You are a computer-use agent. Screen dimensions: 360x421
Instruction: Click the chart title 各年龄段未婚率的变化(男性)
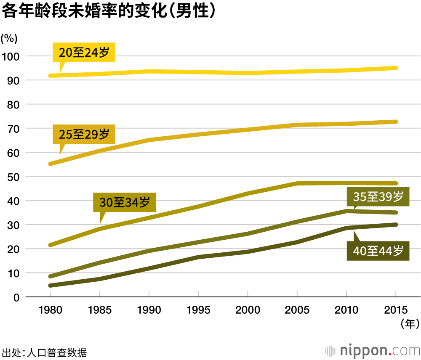110,11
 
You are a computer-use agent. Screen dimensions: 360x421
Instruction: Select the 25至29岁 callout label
84,134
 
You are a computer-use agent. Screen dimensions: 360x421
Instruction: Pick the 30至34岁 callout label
125,203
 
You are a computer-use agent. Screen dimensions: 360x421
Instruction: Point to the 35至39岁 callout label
378,196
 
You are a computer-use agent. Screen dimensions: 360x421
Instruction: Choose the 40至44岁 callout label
378,251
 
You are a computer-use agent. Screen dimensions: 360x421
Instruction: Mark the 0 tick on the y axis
16,297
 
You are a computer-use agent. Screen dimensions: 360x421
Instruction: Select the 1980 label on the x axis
50,310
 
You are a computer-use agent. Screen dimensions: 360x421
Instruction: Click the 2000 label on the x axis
248,310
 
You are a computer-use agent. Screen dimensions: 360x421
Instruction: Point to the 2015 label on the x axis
396,310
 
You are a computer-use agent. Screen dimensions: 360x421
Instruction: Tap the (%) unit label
9,39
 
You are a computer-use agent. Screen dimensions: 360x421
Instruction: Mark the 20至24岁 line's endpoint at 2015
396,68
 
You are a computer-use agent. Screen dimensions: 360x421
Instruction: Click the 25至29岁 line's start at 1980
51,164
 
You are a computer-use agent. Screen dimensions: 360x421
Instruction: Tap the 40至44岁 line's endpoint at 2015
396,225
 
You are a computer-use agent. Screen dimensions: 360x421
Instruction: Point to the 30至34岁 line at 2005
297,183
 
